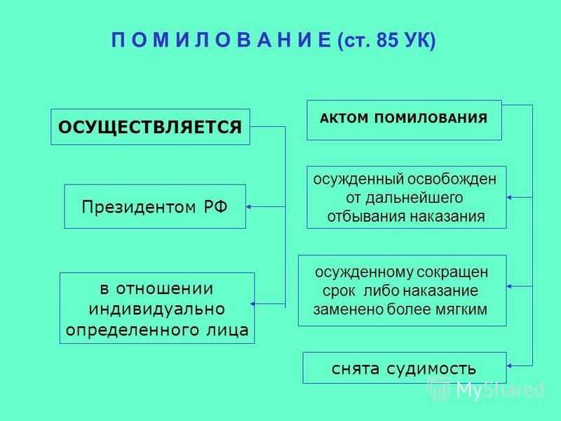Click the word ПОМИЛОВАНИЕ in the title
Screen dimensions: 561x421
tap(222, 40)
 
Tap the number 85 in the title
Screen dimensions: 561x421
tap(387, 40)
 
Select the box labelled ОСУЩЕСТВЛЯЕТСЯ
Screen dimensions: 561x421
tap(150, 127)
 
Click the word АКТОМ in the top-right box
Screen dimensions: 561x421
tap(344, 118)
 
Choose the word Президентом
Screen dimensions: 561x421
tap(139, 207)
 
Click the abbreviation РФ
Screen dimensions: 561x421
tap(216, 206)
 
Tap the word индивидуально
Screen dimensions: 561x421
tap(156, 309)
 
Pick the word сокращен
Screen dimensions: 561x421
tap(452, 273)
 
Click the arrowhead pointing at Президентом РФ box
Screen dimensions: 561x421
tap(249, 206)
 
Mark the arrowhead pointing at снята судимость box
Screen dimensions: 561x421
tap(510, 366)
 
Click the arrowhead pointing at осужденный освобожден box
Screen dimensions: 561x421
tap(510, 197)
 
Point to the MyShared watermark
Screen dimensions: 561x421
tap(486, 389)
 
